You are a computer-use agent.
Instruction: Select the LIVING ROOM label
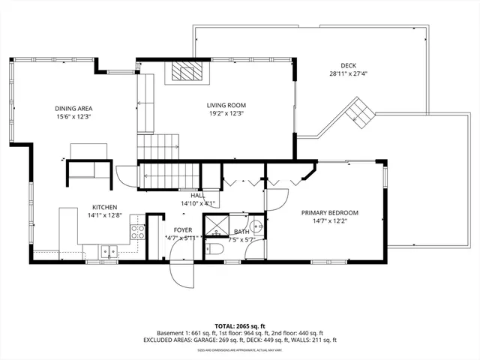coord(226,106)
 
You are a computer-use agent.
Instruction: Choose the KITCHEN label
coord(105,208)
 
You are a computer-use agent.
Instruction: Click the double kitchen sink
coord(109,252)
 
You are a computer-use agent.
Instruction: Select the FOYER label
coord(183,229)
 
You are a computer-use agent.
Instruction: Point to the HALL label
coord(198,195)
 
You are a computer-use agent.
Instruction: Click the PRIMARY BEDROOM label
coord(329,213)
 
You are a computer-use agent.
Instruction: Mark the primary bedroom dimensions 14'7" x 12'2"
coord(329,221)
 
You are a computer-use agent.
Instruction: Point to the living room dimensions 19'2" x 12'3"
coord(226,114)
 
